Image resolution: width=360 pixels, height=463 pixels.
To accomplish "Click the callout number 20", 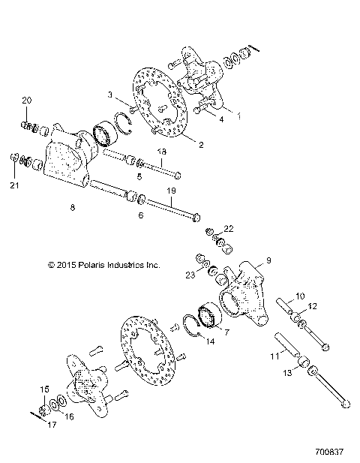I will pos(26,101).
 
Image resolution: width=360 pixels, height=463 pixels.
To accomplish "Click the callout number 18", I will pos(160,152).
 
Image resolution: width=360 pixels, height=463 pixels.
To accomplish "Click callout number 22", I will pos(229,228).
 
